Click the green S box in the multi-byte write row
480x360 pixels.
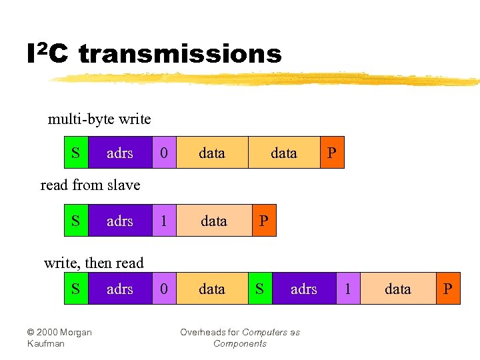click(75, 153)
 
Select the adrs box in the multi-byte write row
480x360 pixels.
click(120, 153)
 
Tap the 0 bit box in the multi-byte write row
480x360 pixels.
click(165, 153)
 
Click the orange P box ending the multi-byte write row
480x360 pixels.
click(332, 153)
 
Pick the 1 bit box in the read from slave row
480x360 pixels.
click(165, 221)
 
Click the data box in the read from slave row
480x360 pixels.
click(213, 221)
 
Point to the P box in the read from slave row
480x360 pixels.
click(264, 221)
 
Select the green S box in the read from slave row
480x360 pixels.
click(75, 221)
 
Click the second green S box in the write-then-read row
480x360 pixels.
click(260, 289)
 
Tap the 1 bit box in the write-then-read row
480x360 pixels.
click(348, 289)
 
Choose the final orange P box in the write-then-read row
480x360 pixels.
click(448, 289)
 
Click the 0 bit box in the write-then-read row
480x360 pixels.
click(165, 289)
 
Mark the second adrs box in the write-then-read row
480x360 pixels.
click(304, 289)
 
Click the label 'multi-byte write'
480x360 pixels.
click(99, 119)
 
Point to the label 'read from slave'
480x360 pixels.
click(90, 185)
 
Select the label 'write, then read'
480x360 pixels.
click(93, 263)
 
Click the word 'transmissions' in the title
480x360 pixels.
click(180, 54)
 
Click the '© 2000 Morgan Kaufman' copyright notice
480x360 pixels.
click(59, 337)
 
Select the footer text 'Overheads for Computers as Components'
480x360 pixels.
click(240, 337)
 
